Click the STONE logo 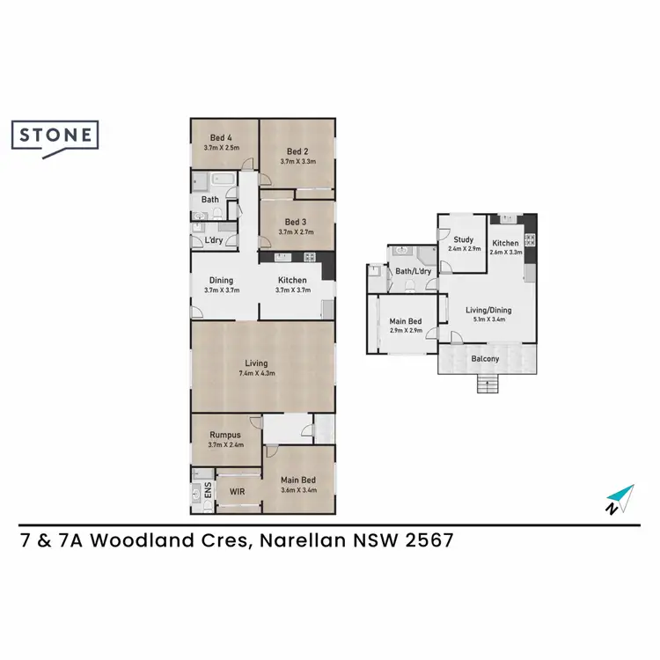click(x=55, y=136)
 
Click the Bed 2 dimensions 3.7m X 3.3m click(x=297, y=161)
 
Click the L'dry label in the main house click(x=213, y=240)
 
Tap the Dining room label click(x=221, y=281)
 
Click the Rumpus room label click(x=225, y=435)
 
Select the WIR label click(x=237, y=492)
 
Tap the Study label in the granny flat click(x=464, y=239)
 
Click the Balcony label click(x=485, y=358)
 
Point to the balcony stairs click(x=485, y=384)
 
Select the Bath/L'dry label click(x=413, y=272)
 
